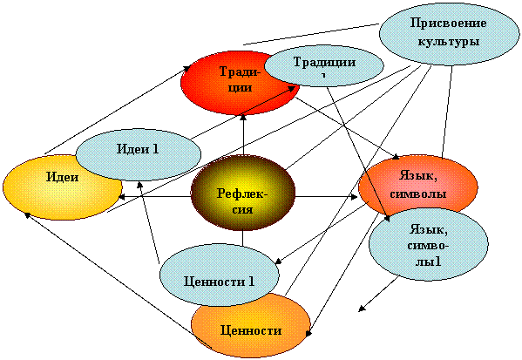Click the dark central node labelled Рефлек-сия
(x=242, y=193)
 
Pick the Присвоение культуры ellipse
(x=449, y=34)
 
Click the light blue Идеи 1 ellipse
(x=139, y=154)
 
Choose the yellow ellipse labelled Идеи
(x=62, y=187)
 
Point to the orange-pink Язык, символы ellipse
(x=417, y=186)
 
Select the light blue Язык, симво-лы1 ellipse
(x=429, y=245)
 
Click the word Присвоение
(x=449, y=24)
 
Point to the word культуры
(x=449, y=42)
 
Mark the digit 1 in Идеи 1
(x=155, y=149)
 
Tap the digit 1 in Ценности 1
(x=251, y=282)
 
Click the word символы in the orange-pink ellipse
(x=417, y=194)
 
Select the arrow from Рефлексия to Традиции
(x=243, y=134)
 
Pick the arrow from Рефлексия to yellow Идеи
(x=155, y=197)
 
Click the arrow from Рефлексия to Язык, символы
(x=326, y=197)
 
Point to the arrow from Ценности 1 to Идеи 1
(x=150, y=221)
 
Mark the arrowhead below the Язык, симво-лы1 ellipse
(x=363, y=309)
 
